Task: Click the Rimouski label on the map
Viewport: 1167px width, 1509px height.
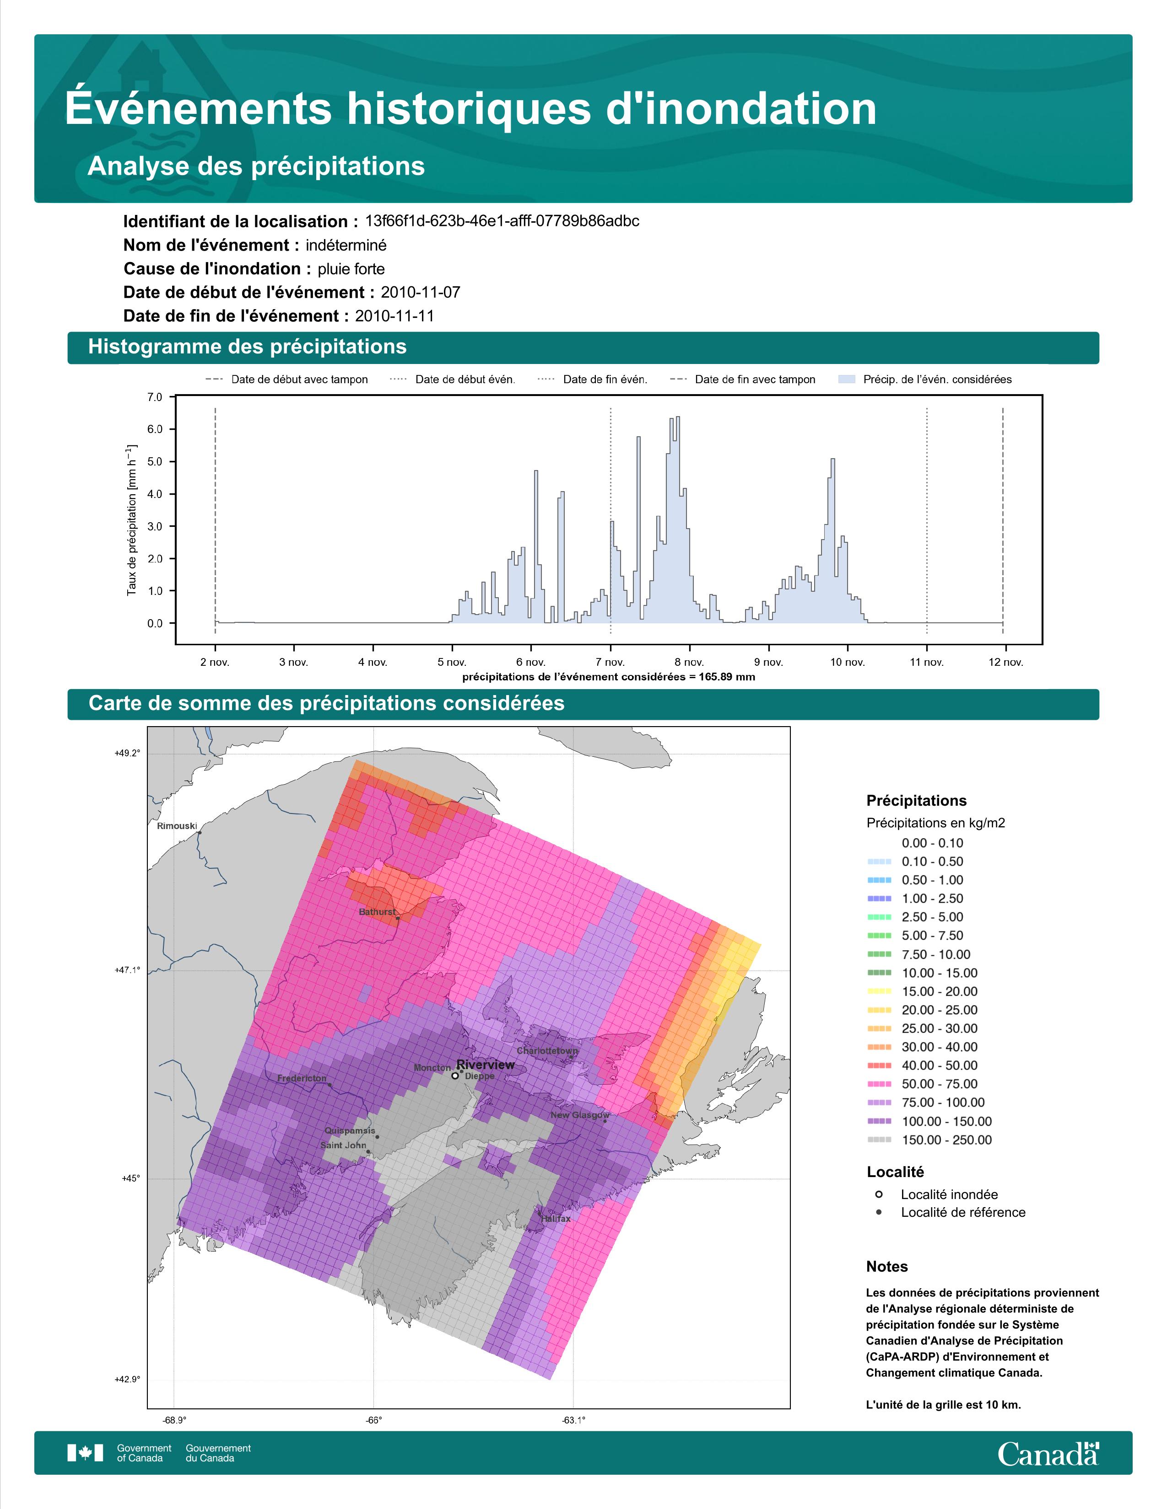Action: [177, 826]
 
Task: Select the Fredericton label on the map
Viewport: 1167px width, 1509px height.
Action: [302, 1078]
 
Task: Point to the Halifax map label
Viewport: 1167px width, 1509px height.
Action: [556, 1237]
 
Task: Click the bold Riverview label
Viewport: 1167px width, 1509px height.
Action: [485, 1065]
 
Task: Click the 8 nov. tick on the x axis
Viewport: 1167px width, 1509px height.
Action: [689, 662]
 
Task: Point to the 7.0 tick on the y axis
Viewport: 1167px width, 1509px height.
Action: [155, 397]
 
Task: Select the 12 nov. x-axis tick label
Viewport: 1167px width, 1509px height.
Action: [1006, 662]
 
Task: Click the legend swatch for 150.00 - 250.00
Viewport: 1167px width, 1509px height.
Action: [879, 1140]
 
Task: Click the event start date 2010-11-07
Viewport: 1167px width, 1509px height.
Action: [420, 292]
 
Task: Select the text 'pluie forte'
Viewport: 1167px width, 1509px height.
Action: [351, 269]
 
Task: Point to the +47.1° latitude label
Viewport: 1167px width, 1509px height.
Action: [127, 970]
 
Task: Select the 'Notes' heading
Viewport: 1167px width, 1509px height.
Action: [887, 1267]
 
